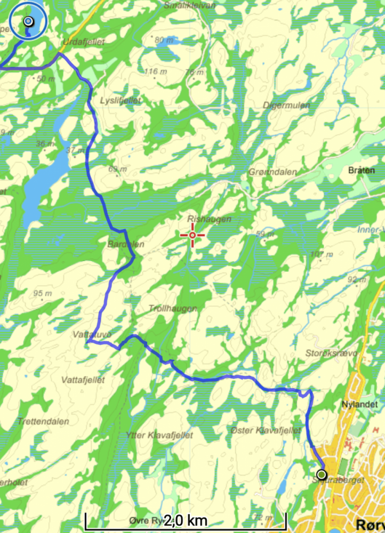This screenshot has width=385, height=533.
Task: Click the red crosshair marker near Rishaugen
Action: coord(192,235)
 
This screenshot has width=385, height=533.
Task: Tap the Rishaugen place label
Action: coord(202,219)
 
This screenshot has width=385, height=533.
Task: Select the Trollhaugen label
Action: coord(173,309)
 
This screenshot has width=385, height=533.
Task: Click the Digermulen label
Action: coord(286,106)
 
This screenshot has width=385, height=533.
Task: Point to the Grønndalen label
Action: coord(272,172)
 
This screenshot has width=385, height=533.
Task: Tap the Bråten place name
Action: coord(362,171)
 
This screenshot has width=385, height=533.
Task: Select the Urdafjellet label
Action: coord(84,42)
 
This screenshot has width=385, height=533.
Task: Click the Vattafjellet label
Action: coord(83,380)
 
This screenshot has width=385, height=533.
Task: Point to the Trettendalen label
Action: coord(43,421)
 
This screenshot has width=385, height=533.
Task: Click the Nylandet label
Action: coord(359,405)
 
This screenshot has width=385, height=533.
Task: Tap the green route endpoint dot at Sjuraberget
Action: coord(321,474)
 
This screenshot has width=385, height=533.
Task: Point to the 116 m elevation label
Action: coord(155,71)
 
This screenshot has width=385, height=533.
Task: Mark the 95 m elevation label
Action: coord(42,293)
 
